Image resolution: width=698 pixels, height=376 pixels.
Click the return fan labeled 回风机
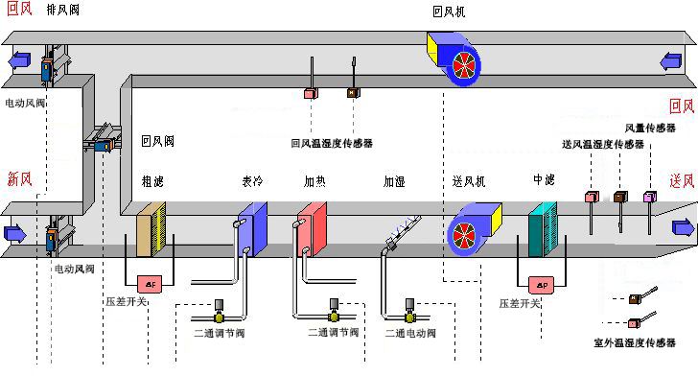click(x=454, y=59)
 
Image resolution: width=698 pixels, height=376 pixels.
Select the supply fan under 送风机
click(x=474, y=229)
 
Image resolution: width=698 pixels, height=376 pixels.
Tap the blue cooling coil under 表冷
click(x=253, y=229)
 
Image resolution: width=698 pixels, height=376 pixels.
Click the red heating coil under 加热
click(x=312, y=229)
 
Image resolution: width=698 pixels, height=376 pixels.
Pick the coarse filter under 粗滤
click(x=151, y=229)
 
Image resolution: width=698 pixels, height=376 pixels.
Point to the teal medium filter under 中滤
click(x=543, y=229)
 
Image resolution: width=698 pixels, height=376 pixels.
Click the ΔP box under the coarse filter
click(x=150, y=284)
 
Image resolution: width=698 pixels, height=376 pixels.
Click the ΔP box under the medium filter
click(x=542, y=285)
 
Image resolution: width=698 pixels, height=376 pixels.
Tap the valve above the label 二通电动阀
click(x=409, y=311)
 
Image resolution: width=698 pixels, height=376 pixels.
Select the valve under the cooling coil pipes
click(x=219, y=311)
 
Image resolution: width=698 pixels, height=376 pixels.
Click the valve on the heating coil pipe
click(x=334, y=311)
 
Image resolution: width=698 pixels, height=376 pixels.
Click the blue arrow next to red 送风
click(x=684, y=227)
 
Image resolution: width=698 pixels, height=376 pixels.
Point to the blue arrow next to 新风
click(x=15, y=233)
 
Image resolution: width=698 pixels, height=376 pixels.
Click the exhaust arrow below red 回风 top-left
click(x=19, y=59)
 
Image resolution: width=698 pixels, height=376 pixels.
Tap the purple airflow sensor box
click(x=650, y=197)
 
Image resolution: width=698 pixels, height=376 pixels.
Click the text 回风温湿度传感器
click(x=332, y=143)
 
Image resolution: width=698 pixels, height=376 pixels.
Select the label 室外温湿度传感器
click(x=635, y=342)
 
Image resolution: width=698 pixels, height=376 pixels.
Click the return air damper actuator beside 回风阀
click(x=104, y=145)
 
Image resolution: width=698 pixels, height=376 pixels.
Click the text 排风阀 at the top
click(x=62, y=10)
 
